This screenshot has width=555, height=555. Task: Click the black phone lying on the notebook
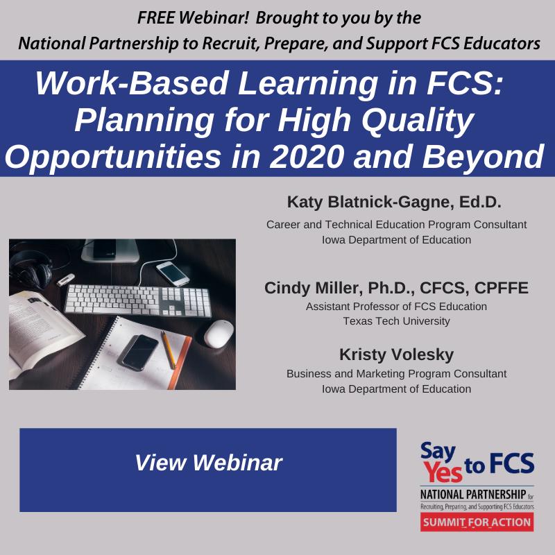[139, 350]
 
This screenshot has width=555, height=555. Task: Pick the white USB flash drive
[65, 280]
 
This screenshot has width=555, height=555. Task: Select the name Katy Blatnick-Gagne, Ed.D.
[394, 203]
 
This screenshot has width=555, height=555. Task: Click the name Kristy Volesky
[396, 355]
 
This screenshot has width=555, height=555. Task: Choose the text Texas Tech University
[396, 321]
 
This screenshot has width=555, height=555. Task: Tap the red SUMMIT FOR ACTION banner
[477, 521]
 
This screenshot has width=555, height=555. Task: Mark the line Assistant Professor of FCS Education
[396, 306]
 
